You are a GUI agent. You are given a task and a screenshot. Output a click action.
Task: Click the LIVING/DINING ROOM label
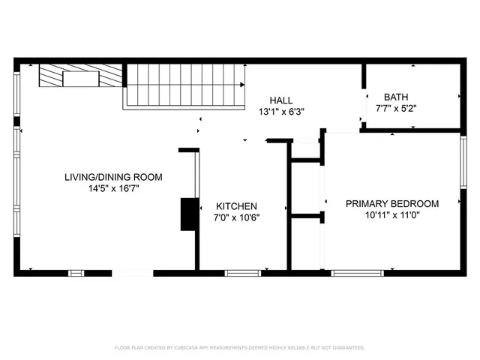(x=113, y=177)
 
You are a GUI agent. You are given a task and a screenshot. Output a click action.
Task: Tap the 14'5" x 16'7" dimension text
(x=113, y=189)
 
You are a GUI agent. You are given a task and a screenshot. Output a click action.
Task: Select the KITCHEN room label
(x=237, y=206)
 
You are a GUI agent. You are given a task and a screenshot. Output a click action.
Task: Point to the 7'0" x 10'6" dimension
(x=237, y=218)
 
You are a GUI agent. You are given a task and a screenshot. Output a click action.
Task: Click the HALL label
(x=281, y=100)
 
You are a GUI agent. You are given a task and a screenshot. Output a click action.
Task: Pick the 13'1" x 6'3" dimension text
(x=281, y=112)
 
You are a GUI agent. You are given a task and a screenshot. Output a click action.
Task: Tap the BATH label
(x=396, y=97)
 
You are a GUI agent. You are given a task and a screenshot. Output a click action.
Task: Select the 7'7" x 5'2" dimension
(x=396, y=108)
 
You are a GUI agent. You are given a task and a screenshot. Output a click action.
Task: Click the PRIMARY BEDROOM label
(x=391, y=203)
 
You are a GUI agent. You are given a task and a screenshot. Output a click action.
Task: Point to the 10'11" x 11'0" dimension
(x=391, y=215)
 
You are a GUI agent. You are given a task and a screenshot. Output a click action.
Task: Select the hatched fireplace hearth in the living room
(x=81, y=76)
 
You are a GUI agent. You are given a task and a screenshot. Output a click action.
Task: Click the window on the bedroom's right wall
(x=463, y=161)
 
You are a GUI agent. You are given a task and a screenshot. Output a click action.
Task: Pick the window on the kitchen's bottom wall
(x=242, y=273)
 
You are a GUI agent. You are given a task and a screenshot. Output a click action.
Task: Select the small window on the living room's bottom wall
(x=76, y=273)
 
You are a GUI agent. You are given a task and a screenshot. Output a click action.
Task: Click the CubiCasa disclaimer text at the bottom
(x=239, y=348)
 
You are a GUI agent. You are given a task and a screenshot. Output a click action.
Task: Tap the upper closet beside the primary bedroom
(x=306, y=150)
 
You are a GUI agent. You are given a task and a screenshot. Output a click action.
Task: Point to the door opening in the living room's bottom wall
(x=133, y=273)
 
